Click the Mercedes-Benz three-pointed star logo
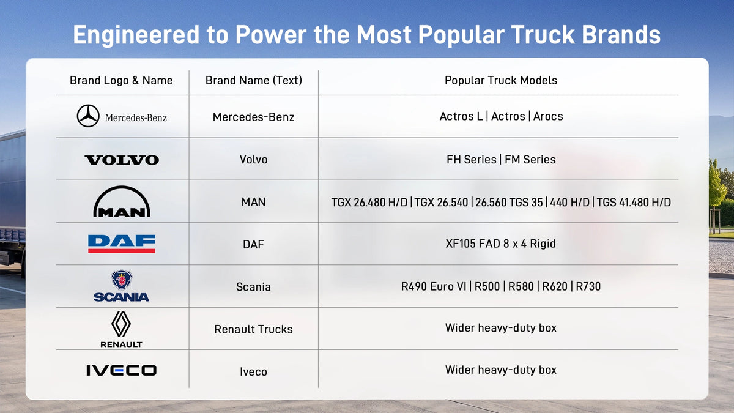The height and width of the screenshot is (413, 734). tap(88, 116)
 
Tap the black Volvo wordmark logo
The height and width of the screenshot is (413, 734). tap(122, 160)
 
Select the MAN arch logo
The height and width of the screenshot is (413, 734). tap(122, 202)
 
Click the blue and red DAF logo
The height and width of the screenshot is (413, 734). tap(122, 244)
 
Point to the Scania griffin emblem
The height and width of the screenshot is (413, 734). tap(122, 279)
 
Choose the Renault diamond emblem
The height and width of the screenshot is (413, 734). tap(121, 324)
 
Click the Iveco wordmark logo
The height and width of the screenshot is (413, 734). tap(122, 370)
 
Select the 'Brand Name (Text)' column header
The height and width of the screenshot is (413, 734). tap(254, 80)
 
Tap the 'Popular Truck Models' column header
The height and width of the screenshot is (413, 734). tap(501, 80)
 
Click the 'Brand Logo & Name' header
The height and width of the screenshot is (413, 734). tap(121, 80)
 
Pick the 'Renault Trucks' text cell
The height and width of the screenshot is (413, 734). tap(254, 329)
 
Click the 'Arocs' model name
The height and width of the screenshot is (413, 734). tap(548, 116)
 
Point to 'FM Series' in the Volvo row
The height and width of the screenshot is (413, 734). tap(530, 160)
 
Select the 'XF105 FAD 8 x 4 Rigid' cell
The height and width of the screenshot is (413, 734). tap(501, 244)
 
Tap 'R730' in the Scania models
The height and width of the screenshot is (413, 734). tap(588, 286)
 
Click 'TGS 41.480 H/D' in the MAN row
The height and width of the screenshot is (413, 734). tap(634, 203)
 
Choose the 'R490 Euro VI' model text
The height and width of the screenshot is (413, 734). tap(434, 286)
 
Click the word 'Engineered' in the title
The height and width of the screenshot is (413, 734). tap(136, 35)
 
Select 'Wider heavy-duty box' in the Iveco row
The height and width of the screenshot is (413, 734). tap(501, 370)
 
